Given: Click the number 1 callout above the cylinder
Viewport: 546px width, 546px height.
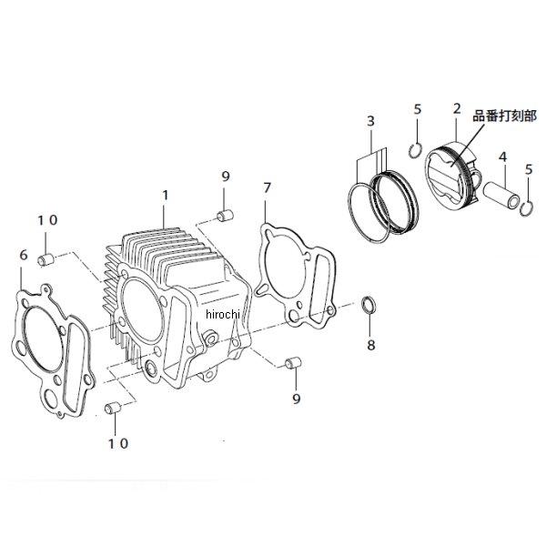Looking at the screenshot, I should coord(165,195).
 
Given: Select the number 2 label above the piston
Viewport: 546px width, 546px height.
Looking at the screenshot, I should coord(456,109).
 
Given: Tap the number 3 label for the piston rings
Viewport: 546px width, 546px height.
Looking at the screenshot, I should coord(370,120).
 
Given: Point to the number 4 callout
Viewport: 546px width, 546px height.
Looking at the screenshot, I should coord(501,157).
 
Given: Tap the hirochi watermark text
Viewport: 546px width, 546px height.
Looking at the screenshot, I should coord(224,314).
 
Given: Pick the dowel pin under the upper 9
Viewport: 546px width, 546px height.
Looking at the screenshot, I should coord(225,216).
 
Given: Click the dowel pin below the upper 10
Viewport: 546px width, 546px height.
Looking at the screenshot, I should coord(45,260).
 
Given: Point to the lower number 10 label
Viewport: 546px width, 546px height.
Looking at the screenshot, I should coord(118,443).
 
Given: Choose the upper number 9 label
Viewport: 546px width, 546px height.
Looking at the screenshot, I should coord(224,176).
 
